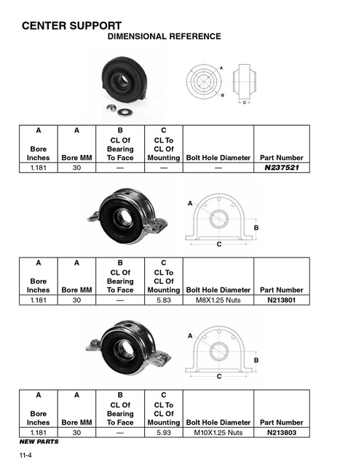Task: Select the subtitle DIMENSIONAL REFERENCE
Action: tap(164, 36)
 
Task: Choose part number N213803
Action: tap(281, 432)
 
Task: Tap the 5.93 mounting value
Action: tap(163, 432)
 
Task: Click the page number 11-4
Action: tap(26, 455)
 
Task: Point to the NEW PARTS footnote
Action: tap(39, 441)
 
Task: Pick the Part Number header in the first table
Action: tap(281, 157)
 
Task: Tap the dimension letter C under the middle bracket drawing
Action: tap(218, 245)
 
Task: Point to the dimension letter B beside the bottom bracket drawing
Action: tap(256, 360)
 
